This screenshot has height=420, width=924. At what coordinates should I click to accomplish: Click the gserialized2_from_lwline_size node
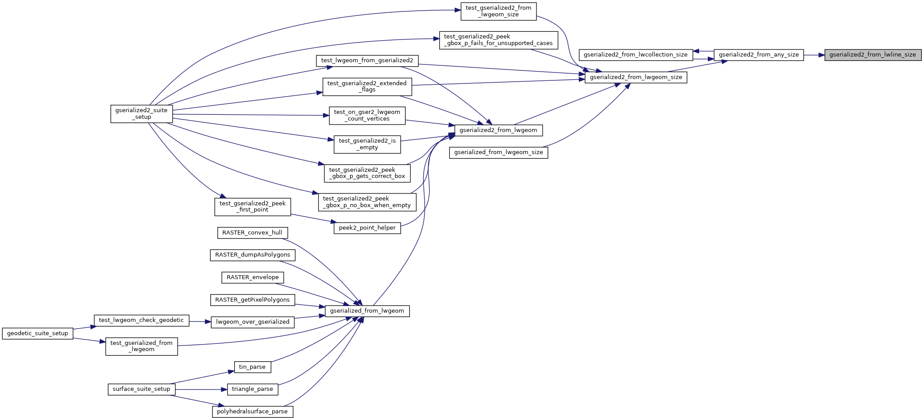[x=873, y=55]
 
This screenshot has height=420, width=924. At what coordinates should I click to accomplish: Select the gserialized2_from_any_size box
[x=759, y=55]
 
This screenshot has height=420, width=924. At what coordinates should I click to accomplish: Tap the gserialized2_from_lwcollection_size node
[x=635, y=55]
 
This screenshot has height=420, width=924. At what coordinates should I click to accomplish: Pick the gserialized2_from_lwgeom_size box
[x=636, y=77]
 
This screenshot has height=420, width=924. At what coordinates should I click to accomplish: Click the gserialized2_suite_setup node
[x=141, y=114]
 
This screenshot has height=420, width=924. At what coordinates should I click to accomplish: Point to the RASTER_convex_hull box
[x=252, y=233]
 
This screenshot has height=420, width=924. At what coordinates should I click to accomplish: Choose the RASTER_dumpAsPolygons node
[x=252, y=255]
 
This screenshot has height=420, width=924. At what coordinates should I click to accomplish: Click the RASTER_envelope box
[x=252, y=277]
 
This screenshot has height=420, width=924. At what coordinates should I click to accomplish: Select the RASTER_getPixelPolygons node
[x=252, y=300]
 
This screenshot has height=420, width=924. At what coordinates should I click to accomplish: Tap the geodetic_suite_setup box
[x=38, y=333]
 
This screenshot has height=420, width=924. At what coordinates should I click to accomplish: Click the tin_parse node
[x=252, y=367]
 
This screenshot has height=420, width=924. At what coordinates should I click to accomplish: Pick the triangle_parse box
[x=252, y=389]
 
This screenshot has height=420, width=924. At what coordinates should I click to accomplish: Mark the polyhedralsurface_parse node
[x=252, y=412]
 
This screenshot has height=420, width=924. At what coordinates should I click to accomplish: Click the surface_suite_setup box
[x=141, y=389]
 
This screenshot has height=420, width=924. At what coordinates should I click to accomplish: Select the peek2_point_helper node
[x=367, y=228]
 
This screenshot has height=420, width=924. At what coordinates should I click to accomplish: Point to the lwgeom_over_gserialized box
[x=252, y=322]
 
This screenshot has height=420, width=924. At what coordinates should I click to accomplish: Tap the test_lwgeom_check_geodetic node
[x=141, y=320]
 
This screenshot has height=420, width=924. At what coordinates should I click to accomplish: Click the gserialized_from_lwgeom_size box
[x=498, y=152]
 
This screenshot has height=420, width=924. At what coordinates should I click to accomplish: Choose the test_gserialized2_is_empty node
[x=367, y=144]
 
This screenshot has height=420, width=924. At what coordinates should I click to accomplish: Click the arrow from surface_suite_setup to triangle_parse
[x=201, y=390]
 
